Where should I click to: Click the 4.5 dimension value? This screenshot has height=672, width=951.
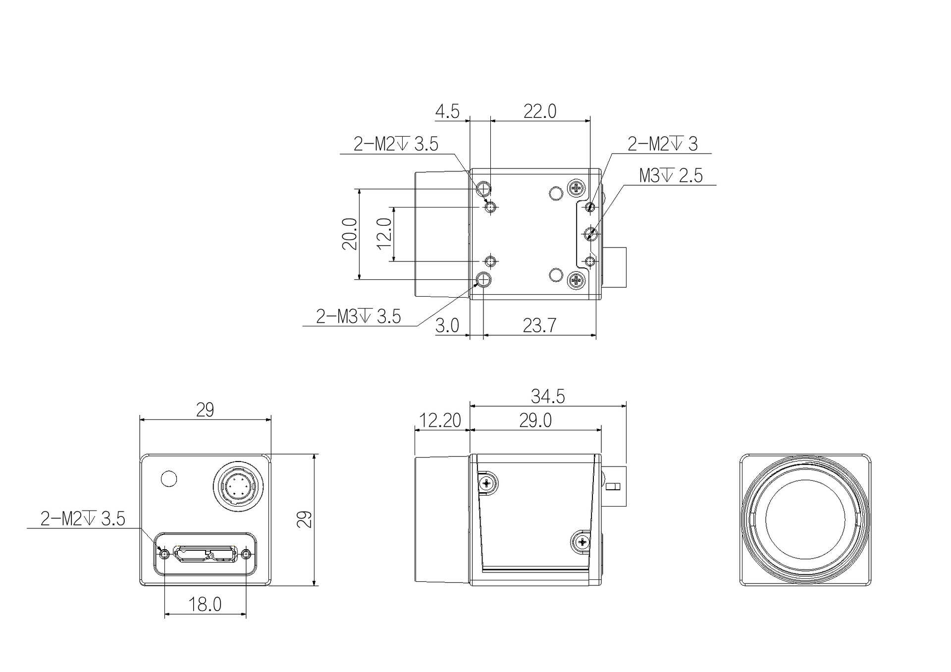447,111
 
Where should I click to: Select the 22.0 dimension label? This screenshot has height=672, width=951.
540,111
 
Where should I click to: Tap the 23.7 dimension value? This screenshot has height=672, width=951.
539,326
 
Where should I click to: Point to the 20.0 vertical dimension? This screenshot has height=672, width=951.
349,234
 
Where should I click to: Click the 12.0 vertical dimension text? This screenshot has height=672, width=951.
384,234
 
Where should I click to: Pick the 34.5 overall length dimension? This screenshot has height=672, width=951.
548,396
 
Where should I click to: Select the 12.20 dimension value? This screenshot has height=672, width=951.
440,420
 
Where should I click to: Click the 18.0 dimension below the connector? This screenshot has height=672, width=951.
205,604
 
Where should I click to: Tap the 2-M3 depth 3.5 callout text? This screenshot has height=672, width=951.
359,316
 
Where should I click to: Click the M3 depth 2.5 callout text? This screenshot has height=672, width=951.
671,175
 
